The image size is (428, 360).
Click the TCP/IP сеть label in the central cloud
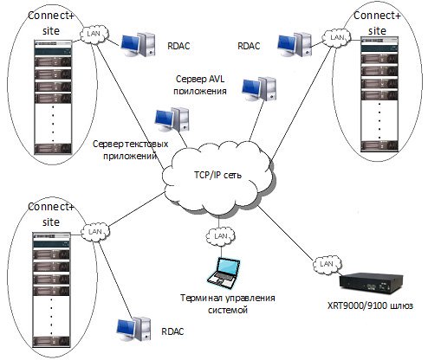[x=217, y=175]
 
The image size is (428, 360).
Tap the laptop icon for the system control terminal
[x=224, y=273]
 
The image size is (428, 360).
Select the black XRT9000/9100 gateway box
[x=371, y=283]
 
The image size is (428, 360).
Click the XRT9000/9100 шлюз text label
[x=370, y=305]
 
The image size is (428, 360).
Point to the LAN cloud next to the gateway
[x=327, y=264]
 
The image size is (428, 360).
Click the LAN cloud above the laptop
[x=221, y=236]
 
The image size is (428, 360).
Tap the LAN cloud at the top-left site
[x=94, y=34]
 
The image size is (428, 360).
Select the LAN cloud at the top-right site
[x=337, y=37]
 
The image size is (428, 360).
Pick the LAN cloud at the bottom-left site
[x=95, y=232]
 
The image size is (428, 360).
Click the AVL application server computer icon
[x=259, y=89]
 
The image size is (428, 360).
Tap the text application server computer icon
[x=172, y=119]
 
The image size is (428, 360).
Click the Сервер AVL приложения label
[x=200, y=85]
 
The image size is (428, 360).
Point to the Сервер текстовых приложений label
[x=131, y=150]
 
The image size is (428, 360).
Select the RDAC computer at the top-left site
[x=139, y=44]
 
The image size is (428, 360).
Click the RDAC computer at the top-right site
[x=295, y=45]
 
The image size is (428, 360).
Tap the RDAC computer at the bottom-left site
[x=133, y=329]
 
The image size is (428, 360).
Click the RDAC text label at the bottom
[x=172, y=331]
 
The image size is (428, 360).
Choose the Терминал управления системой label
[x=228, y=304]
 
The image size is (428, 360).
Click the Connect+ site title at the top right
[x=377, y=23]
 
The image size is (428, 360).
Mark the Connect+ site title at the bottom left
[x=51, y=215]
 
